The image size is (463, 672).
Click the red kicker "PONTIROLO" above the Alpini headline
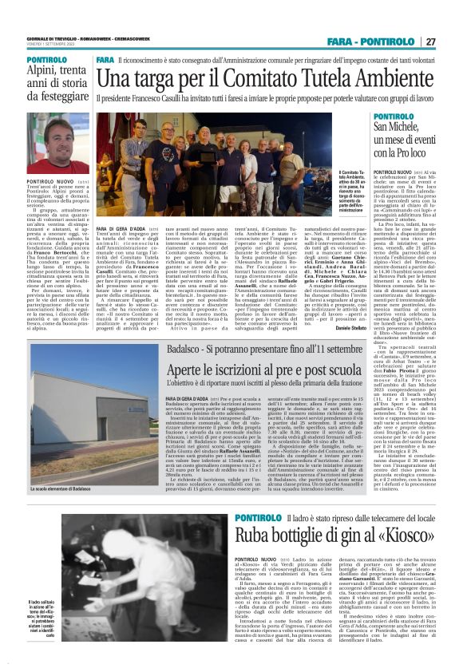pos(46,60)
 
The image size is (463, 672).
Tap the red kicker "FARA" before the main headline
pos(105,60)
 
